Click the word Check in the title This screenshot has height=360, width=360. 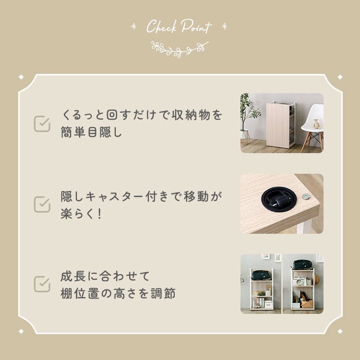(x=162, y=26)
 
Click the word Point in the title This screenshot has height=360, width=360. (x=196, y=26)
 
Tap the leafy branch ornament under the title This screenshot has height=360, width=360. (x=180, y=49)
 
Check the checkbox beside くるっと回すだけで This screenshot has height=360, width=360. (x=42, y=124)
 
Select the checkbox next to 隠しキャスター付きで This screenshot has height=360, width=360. (x=42, y=204)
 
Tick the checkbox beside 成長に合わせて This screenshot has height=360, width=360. (x=42, y=284)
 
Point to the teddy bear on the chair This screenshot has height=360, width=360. (x=316, y=124)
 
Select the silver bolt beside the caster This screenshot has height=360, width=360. (x=306, y=196)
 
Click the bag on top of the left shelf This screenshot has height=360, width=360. (x=262, y=276)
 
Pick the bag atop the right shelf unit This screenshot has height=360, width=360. (x=302, y=264)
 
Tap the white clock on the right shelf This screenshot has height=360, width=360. (x=299, y=281)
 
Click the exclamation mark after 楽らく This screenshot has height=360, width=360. (x=99, y=214)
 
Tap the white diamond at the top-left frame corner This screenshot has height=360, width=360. (x=21, y=77)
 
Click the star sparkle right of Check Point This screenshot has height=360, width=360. (x=224, y=26)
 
